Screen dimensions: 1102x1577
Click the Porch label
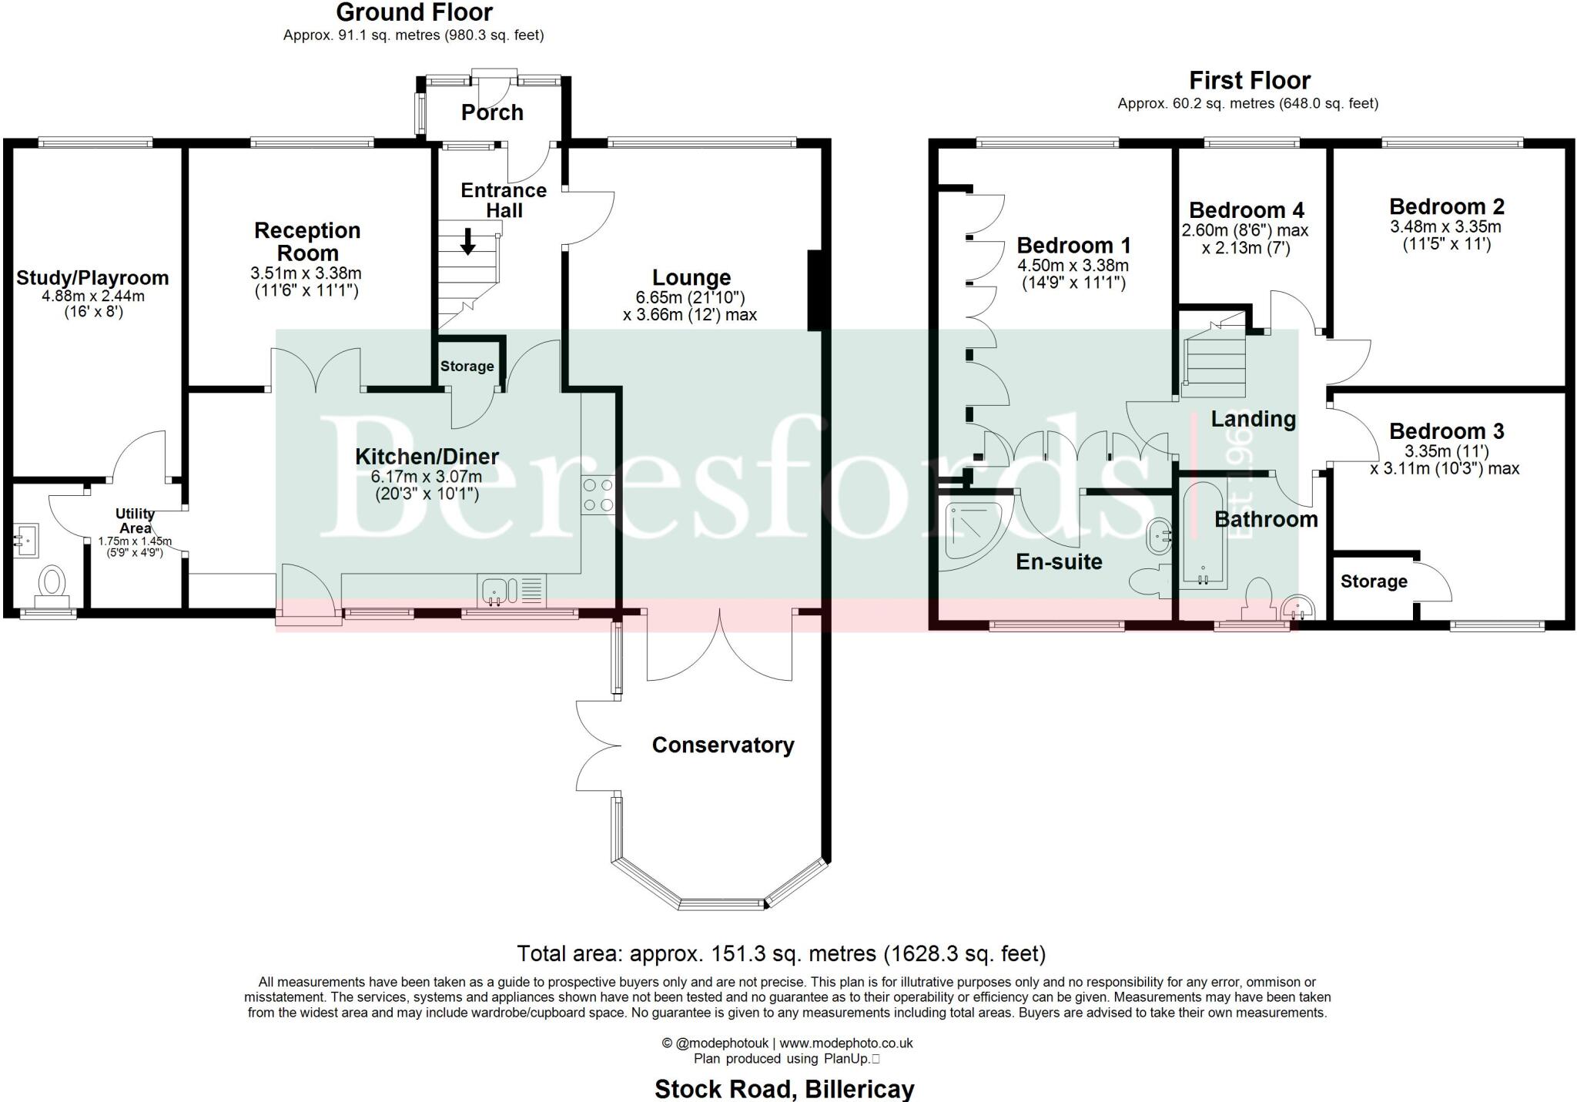[x=492, y=112]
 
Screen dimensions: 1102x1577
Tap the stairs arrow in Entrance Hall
[x=467, y=241]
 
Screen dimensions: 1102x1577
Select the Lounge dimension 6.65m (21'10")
[x=691, y=297]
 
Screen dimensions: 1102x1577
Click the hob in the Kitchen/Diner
[x=598, y=495]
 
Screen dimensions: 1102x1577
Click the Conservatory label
[x=722, y=745]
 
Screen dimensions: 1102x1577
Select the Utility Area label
[x=135, y=521]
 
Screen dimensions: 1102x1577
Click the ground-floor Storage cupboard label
[x=467, y=367]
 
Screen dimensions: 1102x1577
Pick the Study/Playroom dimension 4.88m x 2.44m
[x=92, y=296]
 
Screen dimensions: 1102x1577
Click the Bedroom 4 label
[x=1246, y=210]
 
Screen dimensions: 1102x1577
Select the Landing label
[x=1253, y=419]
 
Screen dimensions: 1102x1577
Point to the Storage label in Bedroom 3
[x=1373, y=581]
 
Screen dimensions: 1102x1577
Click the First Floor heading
[x=1249, y=81]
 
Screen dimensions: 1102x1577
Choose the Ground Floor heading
[x=414, y=12]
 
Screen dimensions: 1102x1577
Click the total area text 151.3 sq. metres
[x=781, y=953]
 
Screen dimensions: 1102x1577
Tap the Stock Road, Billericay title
[x=784, y=1089]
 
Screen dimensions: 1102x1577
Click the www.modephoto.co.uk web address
[x=845, y=1043]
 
